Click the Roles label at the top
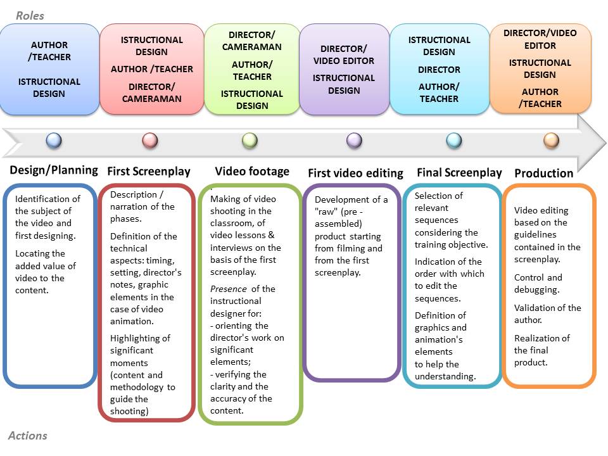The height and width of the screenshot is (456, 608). click(30, 15)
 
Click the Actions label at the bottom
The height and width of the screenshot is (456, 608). click(28, 436)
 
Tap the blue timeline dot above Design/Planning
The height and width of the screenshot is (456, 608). click(54, 140)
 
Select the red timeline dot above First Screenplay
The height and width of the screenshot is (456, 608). click(150, 140)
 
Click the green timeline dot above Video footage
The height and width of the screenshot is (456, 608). click(250, 140)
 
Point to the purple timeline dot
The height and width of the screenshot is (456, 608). click(354, 140)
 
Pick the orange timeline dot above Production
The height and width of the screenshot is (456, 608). click(551, 140)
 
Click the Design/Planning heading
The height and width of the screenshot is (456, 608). click(54, 170)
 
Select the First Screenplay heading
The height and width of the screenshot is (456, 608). click(149, 171)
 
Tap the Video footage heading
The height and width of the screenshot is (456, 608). click(252, 171)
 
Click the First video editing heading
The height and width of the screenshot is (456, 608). click(355, 173)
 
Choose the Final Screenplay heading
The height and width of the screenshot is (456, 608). click(459, 172)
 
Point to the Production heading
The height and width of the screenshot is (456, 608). click(543, 173)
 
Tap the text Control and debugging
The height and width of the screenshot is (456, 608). click(537, 284)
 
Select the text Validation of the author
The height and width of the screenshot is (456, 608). click(547, 313)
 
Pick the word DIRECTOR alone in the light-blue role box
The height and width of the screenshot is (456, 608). click(439, 70)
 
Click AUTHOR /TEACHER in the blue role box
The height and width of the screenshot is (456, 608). click(49, 51)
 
